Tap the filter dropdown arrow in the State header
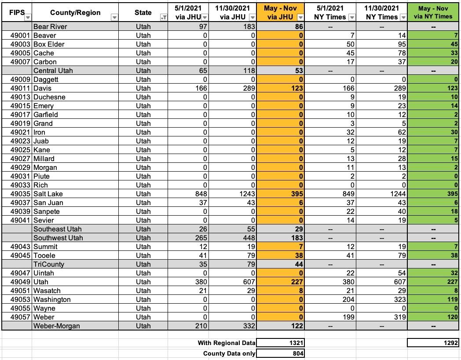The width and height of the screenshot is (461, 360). (164, 17)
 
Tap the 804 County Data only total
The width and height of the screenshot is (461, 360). (280, 353)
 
